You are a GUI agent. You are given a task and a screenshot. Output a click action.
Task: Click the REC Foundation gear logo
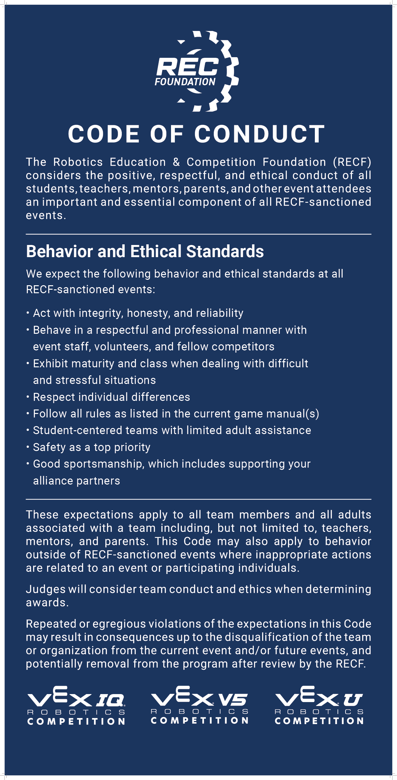click(197, 71)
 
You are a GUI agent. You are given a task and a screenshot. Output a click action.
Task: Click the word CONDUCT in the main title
click(260, 134)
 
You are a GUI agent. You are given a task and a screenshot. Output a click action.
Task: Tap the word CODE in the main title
click(104, 134)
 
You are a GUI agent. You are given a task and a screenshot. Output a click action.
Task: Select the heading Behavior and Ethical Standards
click(145, 251)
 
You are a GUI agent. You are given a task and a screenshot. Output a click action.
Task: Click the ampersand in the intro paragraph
click(176, 162)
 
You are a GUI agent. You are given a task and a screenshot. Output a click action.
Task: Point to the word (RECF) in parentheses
click(352, 162)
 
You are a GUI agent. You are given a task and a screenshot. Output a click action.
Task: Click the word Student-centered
click(78, 431)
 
